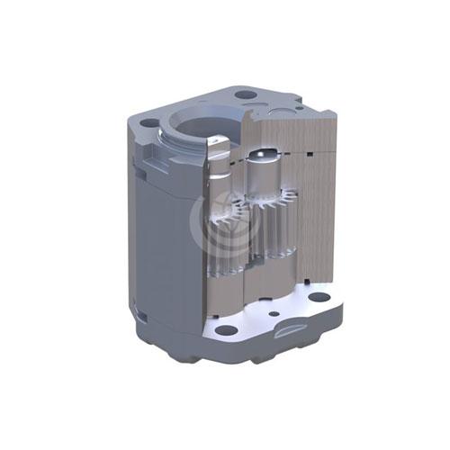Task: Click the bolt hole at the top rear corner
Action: point(244,94)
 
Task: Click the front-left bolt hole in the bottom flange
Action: point(226,329)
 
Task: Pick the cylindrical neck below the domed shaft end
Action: point(261,180)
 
